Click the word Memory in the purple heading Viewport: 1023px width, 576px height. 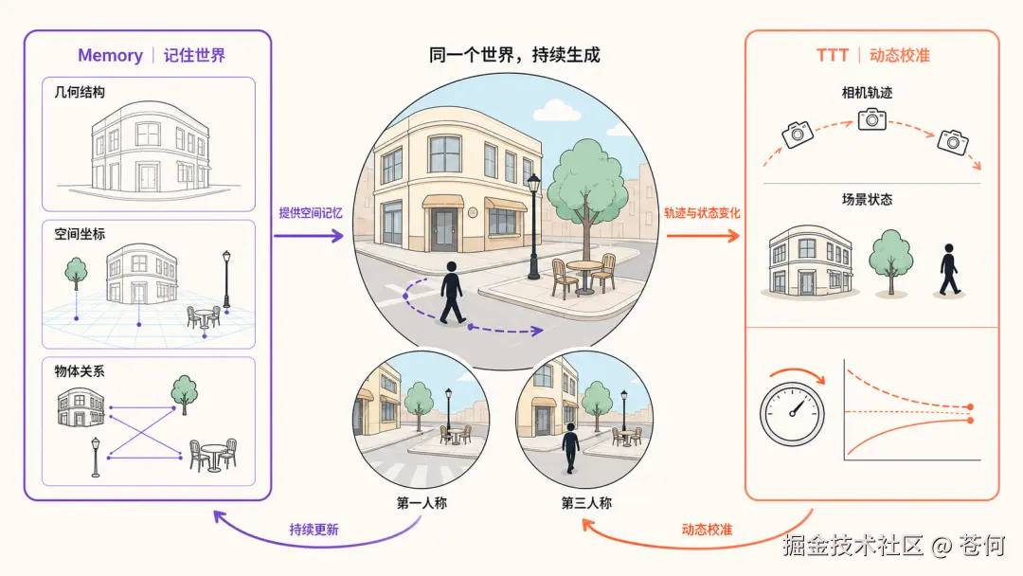pyautogui.click(x=110, y=56)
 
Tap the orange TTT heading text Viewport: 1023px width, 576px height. pyautogui.click(x=833, y=56)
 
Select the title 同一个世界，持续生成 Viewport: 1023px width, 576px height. pyautogui.click(x=514, y=55)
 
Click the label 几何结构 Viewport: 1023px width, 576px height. pyautogui.click(x=80, y=92)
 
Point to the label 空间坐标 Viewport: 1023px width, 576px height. pyautogui.click(x=80, y=234)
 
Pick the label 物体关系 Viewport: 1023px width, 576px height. pyautogui.click(x=80, y=371)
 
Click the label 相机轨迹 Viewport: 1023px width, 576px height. pyautogui.click(x=867, y=93)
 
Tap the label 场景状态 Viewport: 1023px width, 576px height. pyautogui.click(x=867, y=200)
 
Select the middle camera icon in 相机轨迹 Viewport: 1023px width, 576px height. pyautogui.click(x=872, y=119)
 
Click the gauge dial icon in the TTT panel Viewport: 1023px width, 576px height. pyautogui.click(x=792, y=414)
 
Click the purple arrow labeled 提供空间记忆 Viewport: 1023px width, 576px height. pyautogui.click(x=309, y=236)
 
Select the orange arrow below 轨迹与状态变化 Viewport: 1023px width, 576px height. pyautogui.click(x=703, y=236)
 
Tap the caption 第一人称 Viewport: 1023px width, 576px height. pyautogui.click(x=422, y=503)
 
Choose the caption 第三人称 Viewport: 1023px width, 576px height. pyautogui.click(x=586, y=503)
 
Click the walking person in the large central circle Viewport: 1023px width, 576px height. pyautogui.click(x=452, y=293)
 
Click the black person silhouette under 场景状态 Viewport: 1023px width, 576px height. pyautogui.click(x=949, y=269)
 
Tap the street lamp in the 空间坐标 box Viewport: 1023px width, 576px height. pyautogui.click(x=226, y=279)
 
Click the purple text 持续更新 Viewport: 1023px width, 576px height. pyautogui.click(x=314, y=530)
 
